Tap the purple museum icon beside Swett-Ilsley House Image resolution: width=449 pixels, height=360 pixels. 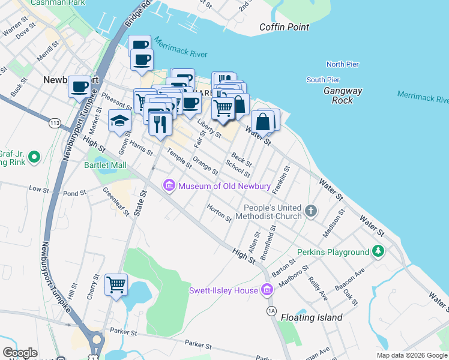click(x=267, y=290)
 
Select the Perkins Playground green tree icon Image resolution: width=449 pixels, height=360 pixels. click(x=378, y=251)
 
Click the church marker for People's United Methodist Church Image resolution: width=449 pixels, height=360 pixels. click(x=310, y=211)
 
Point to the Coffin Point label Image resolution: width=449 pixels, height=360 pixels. click(x=285, y=27)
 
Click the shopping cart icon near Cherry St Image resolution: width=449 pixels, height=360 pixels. click(x=116, y=284)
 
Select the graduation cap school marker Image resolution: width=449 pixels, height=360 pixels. click(x=119, y=121)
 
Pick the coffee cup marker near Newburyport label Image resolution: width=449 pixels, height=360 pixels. click(x=79, y=87)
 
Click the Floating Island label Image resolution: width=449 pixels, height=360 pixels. click(x=312, y=317)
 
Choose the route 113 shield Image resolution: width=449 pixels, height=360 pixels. click(x=55, y=123)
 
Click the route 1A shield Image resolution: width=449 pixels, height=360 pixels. click(x=271, y=311)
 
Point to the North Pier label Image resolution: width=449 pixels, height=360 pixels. click(x=342, y=64)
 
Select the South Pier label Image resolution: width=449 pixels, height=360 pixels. click(x=323, y=80)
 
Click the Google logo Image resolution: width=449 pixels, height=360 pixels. click(x=20, y=353)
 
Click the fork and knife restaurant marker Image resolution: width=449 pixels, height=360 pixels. click(x=159, y=123)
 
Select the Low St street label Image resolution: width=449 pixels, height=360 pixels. click(x=39, y=189)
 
